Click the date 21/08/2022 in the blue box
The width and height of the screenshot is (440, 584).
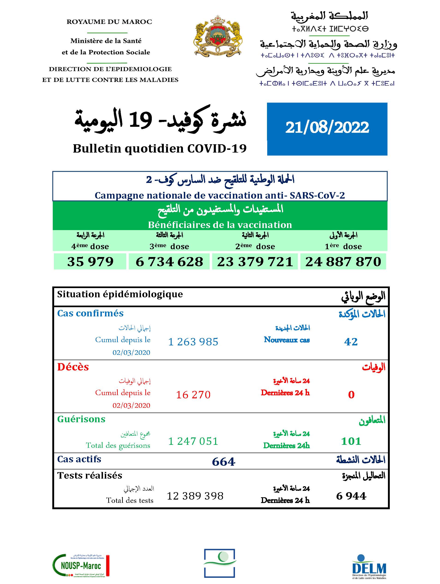coord(327,127)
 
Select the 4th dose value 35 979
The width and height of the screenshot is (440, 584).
coord(90,262)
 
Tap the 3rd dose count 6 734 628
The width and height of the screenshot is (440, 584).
coord(169,262)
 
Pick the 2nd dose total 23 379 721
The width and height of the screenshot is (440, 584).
coord(255,262)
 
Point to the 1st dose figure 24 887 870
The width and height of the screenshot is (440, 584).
coord(343,262)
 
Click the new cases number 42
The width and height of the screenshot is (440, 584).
coord(351,342)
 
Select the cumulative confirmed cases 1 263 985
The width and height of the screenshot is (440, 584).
coord(193,342)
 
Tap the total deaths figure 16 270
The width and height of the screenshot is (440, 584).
coord(193,395)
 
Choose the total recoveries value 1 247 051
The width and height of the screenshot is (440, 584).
coord(193,441)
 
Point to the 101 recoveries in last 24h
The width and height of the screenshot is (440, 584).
coord(351,441)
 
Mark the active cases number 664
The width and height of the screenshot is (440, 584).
coord(223,462)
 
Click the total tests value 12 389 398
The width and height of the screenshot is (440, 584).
coord(195,496)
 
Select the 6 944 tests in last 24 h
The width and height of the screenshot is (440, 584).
coord(351,496)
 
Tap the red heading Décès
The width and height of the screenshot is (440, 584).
coord(73,367)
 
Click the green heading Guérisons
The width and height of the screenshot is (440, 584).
coord(81,419)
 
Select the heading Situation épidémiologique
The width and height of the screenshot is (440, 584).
coord(120,294)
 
